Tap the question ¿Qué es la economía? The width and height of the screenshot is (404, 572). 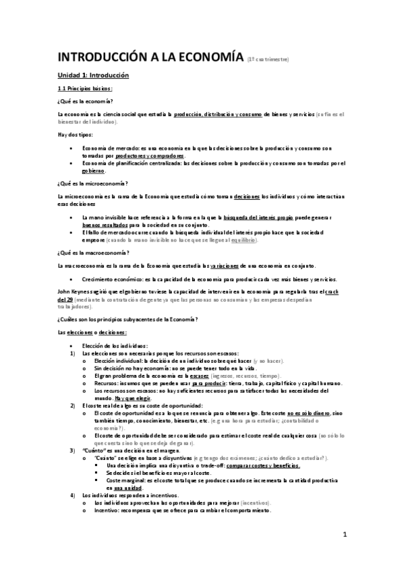(85, 101)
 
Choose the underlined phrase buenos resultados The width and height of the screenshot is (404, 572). (104, 225)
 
